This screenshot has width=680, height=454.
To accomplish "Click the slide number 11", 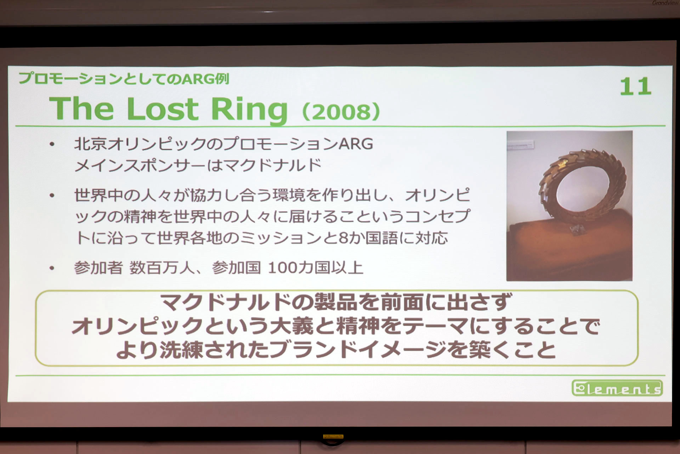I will [x=635, y=87].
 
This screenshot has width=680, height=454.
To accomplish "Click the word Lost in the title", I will [x=163, y=109].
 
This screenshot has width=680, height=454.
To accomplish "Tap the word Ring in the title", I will [x=249, y=110].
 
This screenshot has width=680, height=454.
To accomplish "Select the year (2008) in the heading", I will [x=341, y=111].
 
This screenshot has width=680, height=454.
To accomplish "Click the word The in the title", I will [x=81, y=109].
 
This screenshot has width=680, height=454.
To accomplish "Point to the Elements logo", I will [x=617, y=388].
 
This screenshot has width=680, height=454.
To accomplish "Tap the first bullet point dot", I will [x=52, y=144].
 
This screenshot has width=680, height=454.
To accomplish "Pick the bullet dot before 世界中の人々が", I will [x=52, y=195].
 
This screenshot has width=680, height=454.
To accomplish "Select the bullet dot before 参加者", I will [x=52, y=268].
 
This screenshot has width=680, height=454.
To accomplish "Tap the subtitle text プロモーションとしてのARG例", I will [x=124, y=79].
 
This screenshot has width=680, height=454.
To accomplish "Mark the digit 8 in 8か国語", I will [x=344, y=238].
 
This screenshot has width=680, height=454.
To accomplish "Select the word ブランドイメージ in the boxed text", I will [x=358, y=350].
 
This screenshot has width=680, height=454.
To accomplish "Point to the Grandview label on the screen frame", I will [x=665, y=3].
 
